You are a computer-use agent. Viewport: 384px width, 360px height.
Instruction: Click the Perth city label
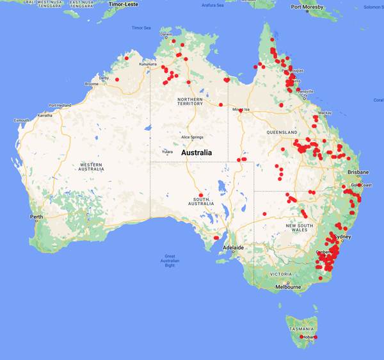36,217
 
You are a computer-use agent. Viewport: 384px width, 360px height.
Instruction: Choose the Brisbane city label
358,172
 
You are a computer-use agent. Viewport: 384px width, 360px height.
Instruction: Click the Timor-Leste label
124,4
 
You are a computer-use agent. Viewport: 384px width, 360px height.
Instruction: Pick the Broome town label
92,84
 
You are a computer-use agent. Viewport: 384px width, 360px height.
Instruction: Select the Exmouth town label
22,120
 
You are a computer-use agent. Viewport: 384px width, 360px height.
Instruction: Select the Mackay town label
325,113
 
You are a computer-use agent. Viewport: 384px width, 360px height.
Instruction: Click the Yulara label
168,152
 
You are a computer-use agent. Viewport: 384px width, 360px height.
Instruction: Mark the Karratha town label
45,115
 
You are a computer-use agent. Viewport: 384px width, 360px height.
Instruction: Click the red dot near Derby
117,79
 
